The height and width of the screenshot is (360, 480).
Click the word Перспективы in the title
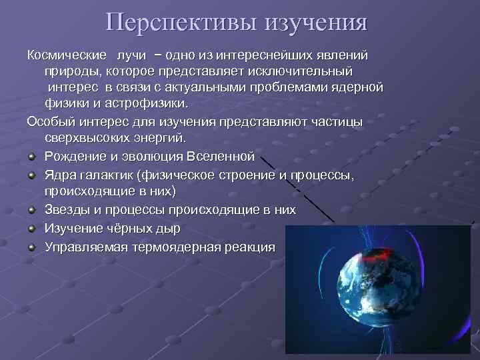point(181,22)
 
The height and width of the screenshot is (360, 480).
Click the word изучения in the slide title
point(317,22)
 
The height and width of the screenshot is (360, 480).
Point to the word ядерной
point(359,87)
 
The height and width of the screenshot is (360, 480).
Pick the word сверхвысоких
point(86,137)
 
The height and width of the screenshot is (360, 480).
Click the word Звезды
point(67,210)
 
